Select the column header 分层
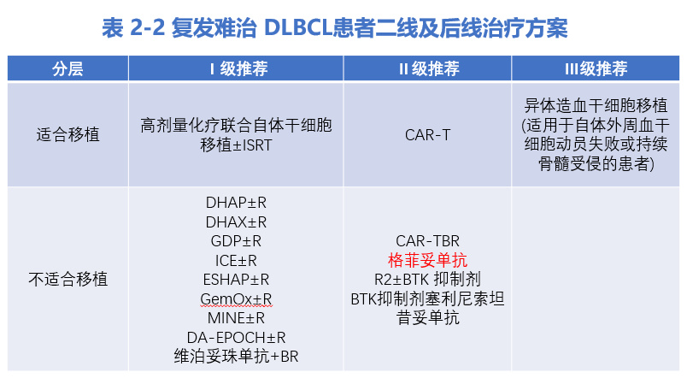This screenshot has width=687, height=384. pyautogui.click(x=68, y=69)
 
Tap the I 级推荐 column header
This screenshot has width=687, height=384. pyautogui.click(x=236, y=69)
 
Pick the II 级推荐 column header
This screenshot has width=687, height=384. pyautogui.click(x=428, y=69)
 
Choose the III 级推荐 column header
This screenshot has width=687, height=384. pyautogui.click(x=596, y=69)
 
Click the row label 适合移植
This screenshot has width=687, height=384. pyautogui.click(x=68, y=134)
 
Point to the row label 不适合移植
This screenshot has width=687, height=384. pyautogui.click(x=68, y=279)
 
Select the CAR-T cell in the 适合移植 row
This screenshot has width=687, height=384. pyautogui.click(x=428, y=134)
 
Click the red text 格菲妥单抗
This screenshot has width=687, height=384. pyautogui.click(x=428, y=260)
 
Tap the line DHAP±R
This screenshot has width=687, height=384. pyautogui.click(x=236, y=204)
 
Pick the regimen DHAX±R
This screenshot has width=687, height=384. pyautogui.click(x=236, y=222)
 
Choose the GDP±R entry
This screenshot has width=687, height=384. pyautogui.click(x=236, y=241)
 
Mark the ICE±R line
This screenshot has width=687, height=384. pyautogui.click(x=236, y=260)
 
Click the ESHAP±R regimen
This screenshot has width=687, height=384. pyautogui.click(x=236, y=279)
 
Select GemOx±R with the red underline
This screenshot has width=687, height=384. pyautogui.click(x=236, y=298)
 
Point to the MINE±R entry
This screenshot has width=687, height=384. pyautogui.click(x=236, y=317)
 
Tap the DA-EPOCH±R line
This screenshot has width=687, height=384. pyautogui.click(x=236, y=336)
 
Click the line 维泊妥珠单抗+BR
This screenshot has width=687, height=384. pyautogui.click(x=236, y=356)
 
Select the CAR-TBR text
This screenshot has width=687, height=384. pyautogui.click(x=428, y=241)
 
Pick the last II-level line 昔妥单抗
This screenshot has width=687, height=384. pyautogui.click(x=428, y=317)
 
